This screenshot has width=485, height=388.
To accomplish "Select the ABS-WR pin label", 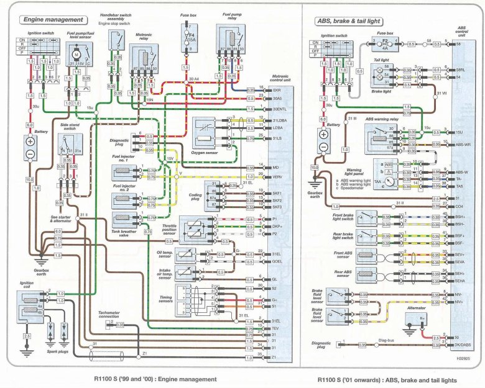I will [x=463, y=144].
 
